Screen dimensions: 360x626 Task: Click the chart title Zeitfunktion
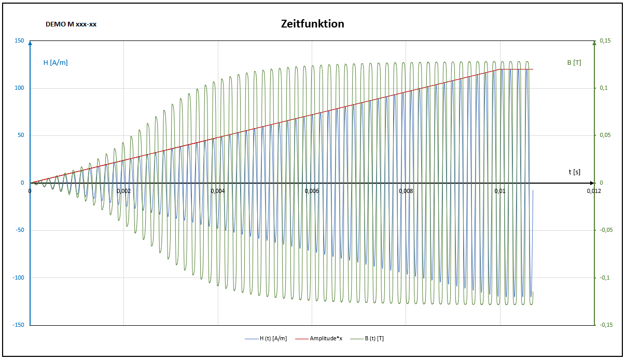tap(312, 24)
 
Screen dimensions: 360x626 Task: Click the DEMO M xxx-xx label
tap(71, 24)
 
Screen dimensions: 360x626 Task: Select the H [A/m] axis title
tap(55, 63)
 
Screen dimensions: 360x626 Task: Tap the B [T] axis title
tap(574, 63)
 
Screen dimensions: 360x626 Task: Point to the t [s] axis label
tap(574, 172)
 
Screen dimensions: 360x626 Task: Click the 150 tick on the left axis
tap(19, 41)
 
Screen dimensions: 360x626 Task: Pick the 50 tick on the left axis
tap(21, 135)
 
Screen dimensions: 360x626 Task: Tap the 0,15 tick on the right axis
tap(605, 41)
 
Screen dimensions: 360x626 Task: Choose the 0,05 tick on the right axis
tap(605, 135)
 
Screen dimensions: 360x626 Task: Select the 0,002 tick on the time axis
tap(124, 191)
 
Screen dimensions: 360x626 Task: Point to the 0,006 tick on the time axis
tap(312, 191)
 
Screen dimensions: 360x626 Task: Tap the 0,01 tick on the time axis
tap(500, 191)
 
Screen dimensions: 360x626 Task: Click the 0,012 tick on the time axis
tap(594, 191)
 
